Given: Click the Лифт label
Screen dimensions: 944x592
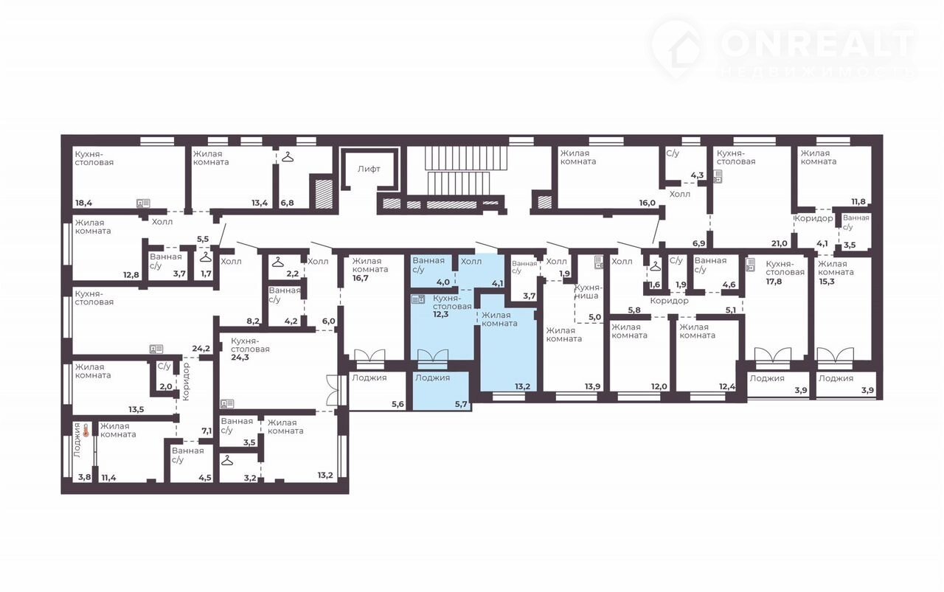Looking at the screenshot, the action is click(x=369, y=169).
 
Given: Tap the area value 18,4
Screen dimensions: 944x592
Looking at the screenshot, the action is click(x=83, y=203).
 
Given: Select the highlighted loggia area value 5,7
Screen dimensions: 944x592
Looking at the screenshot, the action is click(x=461, y=404).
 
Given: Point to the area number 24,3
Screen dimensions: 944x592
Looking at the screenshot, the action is click(x=240, y=358).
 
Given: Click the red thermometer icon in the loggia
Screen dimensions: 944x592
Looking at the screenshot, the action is click(x=86, y=431).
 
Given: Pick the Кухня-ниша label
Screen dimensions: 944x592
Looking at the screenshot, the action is click(x=586, y=291).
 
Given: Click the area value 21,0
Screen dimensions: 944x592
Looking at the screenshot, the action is click(x=780, y=243).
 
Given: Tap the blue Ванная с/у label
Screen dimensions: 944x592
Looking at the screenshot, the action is click(x=428, y=265).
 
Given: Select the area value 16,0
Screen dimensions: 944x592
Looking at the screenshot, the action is click(x=647, y=203).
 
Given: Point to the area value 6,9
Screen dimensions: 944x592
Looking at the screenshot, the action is click(x=698, y=243).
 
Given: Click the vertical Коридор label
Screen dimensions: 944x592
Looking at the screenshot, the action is click(x=187, y=381).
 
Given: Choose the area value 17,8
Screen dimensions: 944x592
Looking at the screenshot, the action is click(x=774, y=282).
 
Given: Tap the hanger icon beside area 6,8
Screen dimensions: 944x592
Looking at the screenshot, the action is click(x=288, y=157).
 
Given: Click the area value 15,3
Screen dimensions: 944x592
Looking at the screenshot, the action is click(x=827, y=282).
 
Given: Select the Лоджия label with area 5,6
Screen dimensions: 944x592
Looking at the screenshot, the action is click(x=369, y=377).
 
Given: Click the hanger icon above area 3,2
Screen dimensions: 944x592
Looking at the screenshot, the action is click(x=227, y=460).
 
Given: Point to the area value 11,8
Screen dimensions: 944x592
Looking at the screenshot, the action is click(x=858, y=202).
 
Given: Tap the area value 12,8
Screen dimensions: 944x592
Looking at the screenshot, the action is click(x=131, y=275).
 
